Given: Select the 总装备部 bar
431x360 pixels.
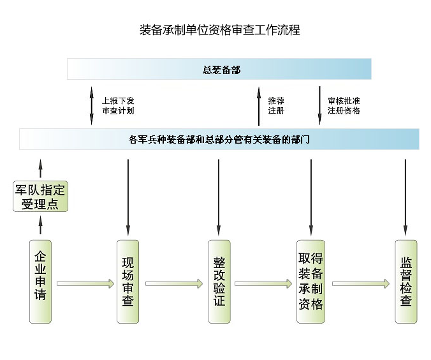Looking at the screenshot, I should [219, 69].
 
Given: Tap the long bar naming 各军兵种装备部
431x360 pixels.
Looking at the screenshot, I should [219, 139].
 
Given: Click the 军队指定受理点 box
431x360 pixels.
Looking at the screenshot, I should [41, 197].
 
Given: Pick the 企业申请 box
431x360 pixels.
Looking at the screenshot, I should [41, 281].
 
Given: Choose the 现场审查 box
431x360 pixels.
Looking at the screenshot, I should [128, 281].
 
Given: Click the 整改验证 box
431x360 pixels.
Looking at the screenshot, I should [219, 281].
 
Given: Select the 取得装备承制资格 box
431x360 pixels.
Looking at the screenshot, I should [310, 281].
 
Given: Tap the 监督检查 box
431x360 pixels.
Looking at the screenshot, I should [405, 281].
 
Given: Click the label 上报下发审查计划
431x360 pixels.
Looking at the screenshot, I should [118, 105].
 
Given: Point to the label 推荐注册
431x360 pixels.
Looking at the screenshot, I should [276, 105].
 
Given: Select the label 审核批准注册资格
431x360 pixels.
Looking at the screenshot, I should [344, 105].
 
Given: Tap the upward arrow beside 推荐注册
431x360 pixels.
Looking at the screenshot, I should [258, 105].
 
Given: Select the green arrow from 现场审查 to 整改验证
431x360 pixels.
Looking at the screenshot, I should [173, 283].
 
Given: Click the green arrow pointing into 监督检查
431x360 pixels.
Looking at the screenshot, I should [360, 283].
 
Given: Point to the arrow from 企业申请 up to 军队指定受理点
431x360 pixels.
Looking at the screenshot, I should [41, 225].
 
